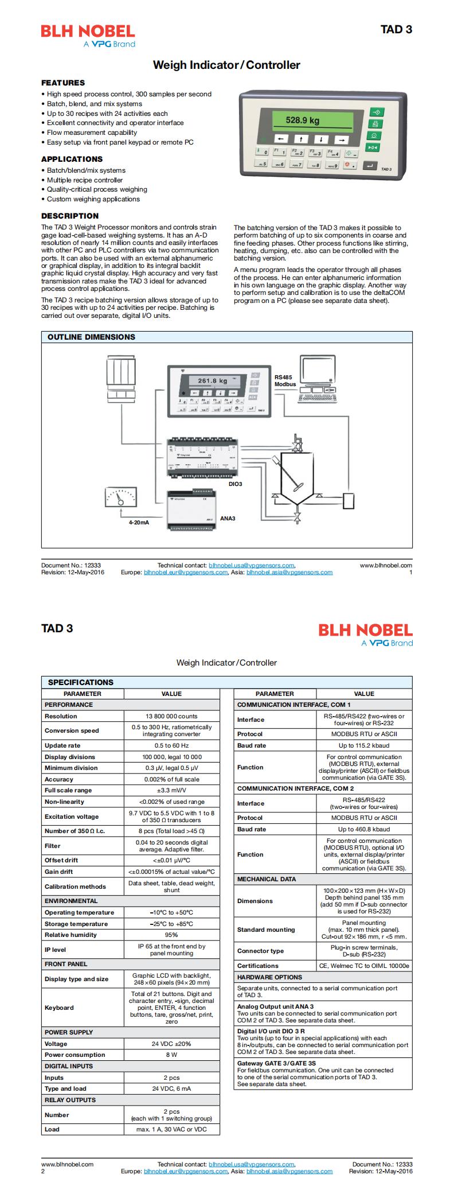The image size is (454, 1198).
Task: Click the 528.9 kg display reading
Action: click(x=303, y=120)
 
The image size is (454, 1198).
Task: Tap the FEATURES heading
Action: click(x=63, y=83)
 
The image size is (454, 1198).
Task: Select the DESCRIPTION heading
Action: click(x=70, y=216)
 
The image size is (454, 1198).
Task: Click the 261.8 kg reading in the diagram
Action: click(x=213, y=380)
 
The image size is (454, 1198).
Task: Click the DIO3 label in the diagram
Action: click(x=235, y=484)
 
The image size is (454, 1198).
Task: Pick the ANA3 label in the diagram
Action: click(x=228, y=518)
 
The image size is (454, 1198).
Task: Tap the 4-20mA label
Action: click(x=139, y=523)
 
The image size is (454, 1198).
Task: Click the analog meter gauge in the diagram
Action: click(x=121, y=496)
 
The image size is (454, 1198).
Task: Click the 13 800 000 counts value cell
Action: click(x=171, y=716)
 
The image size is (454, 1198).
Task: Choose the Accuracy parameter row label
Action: click(x=59, y=779)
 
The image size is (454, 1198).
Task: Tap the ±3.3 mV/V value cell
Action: click(x=171, y=790)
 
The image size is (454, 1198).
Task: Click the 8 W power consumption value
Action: click(x=171, y=1055)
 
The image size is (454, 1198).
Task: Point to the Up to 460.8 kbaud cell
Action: click(x=364, y=829)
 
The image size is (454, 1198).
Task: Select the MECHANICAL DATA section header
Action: click(x=267, y=879)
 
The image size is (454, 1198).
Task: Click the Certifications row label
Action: click(x=258, y=966)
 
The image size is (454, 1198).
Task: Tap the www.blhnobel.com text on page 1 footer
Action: click(x=386, y=565)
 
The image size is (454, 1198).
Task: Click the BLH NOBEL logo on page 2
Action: click(x=365, y=631)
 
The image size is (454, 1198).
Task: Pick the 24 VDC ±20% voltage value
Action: click(x=171, y=1044)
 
